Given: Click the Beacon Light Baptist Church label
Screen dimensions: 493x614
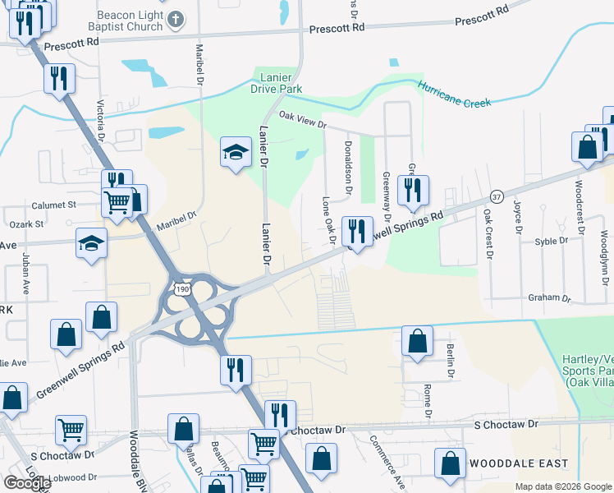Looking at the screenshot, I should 129,21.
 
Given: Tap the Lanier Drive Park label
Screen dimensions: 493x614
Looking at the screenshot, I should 277,84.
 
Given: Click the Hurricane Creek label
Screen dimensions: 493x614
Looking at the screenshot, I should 454,94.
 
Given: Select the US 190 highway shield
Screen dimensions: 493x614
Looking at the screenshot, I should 181,288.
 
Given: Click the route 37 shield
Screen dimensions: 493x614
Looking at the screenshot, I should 495,197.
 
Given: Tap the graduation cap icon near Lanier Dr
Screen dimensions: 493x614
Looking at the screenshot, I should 236,151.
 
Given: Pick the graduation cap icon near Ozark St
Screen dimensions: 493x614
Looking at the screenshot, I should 92,242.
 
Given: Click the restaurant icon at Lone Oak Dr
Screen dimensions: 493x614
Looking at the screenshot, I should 356,231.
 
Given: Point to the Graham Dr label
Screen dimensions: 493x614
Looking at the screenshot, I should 549,297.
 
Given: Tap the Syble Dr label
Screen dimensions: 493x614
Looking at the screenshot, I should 551,242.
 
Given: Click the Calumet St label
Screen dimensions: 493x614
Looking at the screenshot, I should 54,205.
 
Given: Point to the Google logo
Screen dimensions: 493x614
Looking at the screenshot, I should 27,482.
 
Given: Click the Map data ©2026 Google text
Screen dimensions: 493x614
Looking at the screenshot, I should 562,486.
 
